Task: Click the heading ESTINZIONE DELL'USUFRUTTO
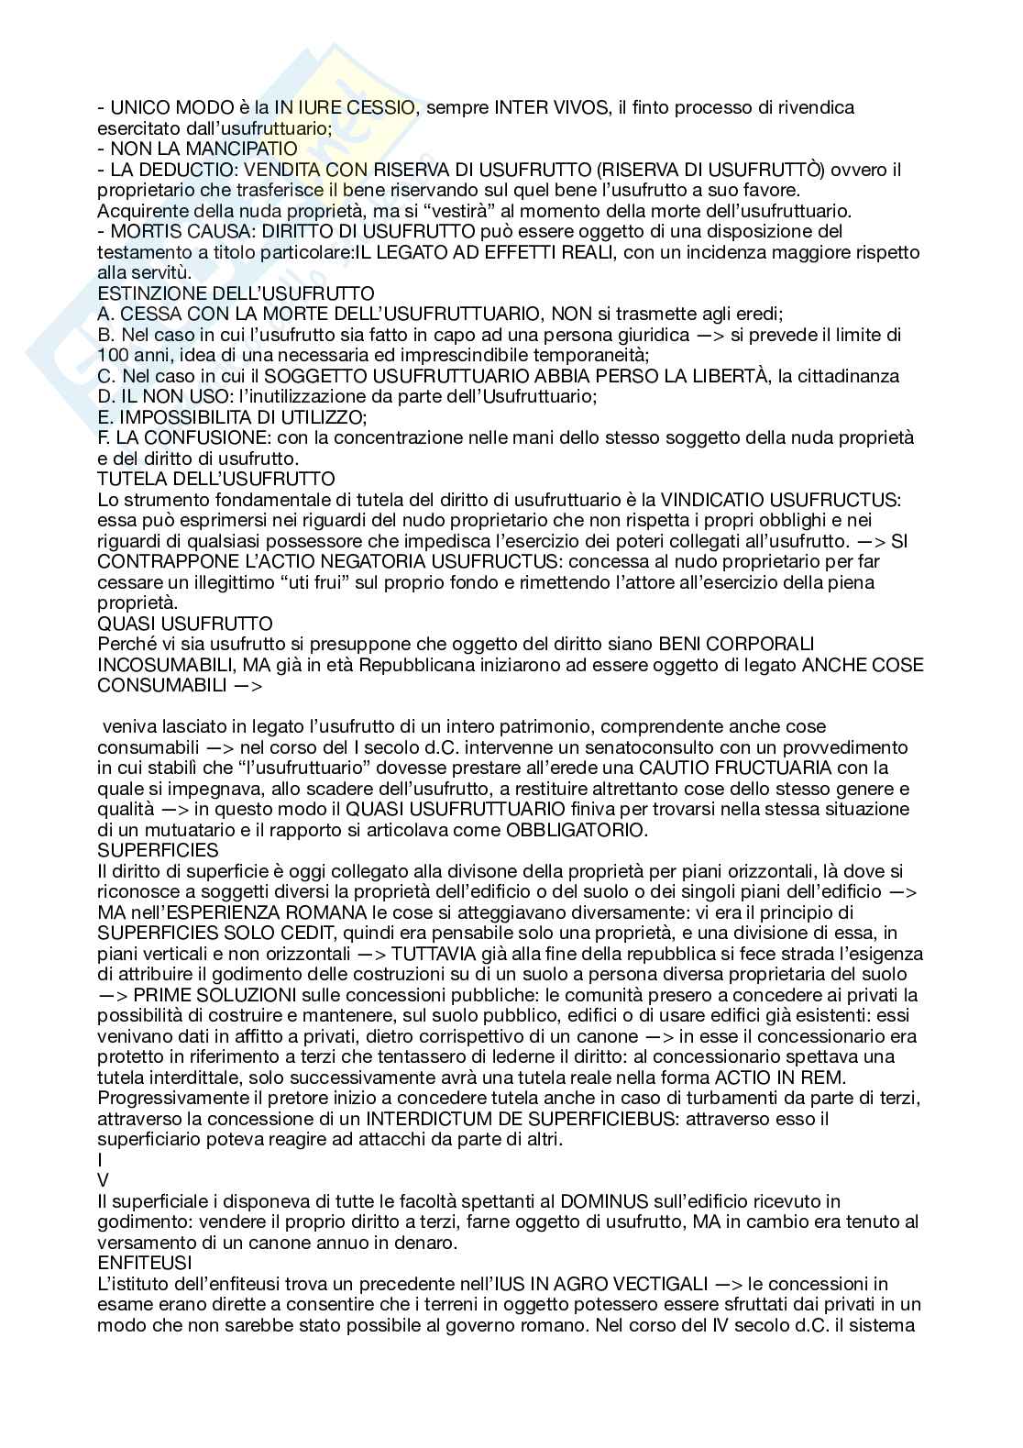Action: pos(236,293)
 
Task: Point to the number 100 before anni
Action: pos(114,355)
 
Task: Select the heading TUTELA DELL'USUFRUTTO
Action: pos(216,479)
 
